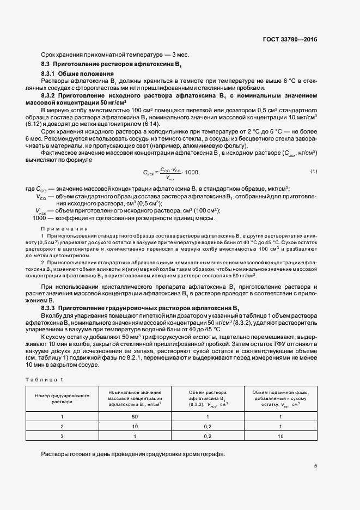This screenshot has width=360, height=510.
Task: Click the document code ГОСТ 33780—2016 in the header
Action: (289, 40)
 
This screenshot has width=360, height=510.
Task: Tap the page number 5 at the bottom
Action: (315, 465)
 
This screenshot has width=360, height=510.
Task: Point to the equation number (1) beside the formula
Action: (314, 172)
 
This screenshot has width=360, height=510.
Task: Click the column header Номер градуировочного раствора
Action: (61, 397)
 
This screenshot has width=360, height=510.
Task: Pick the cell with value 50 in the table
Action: (135, 417)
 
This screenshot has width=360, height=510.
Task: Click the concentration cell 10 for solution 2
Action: (135, 427)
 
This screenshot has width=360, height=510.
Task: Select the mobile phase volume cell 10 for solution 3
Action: (280, 436)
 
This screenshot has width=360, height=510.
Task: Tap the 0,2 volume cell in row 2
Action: (207, 427)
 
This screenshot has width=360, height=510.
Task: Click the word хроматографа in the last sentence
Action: (205, 454)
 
